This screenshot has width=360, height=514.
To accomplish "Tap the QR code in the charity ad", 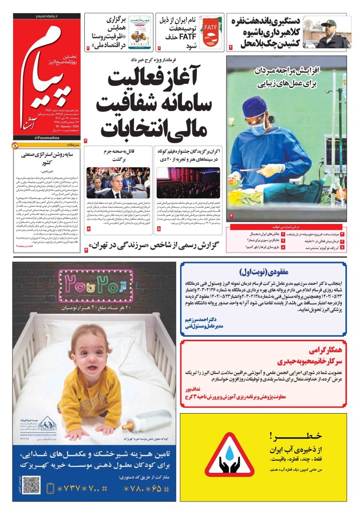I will (31, 485).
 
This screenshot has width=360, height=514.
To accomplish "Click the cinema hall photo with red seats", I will (188, 183).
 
